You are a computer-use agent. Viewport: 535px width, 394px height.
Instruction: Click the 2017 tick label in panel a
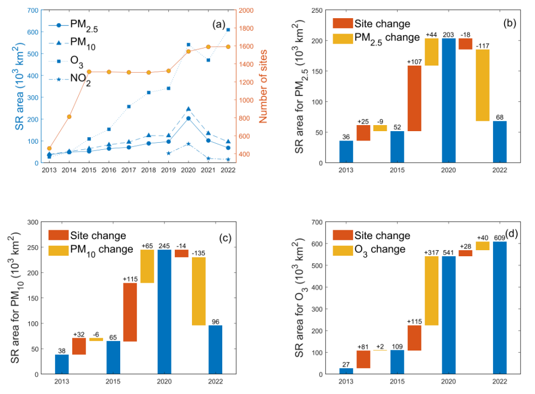pyautogui.click(x=128, y=170)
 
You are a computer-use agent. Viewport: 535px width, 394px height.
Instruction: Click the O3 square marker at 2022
pyautogui.click(x=228, y=30)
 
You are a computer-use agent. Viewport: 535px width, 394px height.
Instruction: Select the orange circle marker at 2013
pyautogui.click(x=49, y=148)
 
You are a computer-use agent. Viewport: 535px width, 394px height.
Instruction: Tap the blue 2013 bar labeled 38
pyautogui.click(x=62, y=364)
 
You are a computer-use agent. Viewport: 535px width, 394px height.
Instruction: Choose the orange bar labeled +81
pyautogui.click(x=363, y=359)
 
